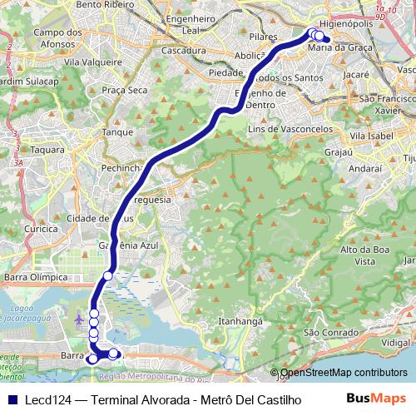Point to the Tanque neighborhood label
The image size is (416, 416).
tap(117, 131)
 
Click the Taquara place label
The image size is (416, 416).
tap(46, 150)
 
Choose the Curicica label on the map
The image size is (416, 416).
tap(41, 228)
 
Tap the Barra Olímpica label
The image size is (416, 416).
tap(35, 276)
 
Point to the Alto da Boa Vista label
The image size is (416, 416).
tap(359, 255)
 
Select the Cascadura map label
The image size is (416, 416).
tap(185, 51)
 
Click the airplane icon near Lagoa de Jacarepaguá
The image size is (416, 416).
tap(79, 319)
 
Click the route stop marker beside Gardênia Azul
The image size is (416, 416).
tap(108, 275)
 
